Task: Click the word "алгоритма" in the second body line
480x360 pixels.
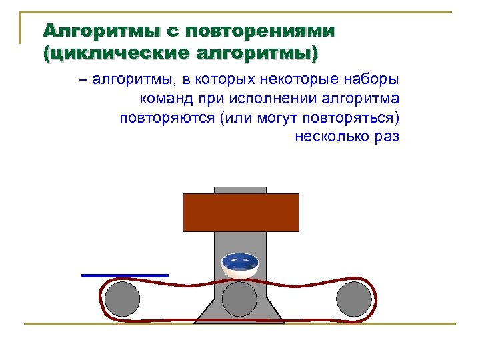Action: [361, 100]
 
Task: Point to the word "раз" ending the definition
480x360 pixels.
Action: [387, 137]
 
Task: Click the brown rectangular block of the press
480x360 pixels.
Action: [241, 212]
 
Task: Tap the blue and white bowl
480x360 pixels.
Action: [240, 265]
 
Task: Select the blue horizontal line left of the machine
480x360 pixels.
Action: [125, 275]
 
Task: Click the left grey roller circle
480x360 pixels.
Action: [123, 299]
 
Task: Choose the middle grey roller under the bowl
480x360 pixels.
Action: [239, 299]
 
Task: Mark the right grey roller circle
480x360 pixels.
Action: [353, 299]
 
